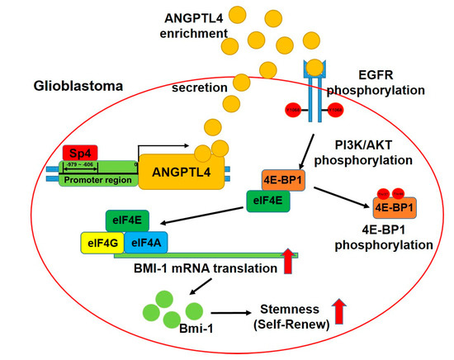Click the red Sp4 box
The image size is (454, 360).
pos(79,153)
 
